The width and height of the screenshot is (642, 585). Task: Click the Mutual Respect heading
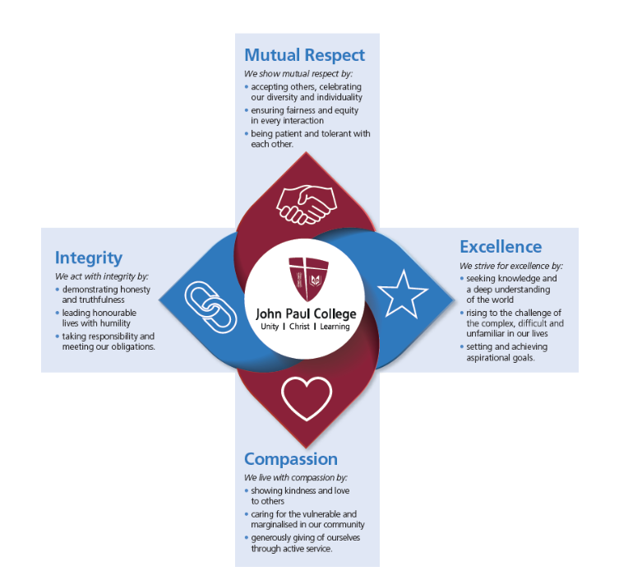(x=304, y=55)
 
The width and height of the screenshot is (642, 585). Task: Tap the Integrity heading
(x=89, y=258)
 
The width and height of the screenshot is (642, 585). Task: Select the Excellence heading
(x=501, y=247)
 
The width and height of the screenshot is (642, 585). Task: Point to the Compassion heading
(x=291, y=458)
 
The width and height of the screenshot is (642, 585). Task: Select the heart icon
(x=306, y=397)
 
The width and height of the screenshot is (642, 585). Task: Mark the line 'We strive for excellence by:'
(x=510, y=266)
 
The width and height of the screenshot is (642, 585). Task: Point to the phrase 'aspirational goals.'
(x=501, y=358)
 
